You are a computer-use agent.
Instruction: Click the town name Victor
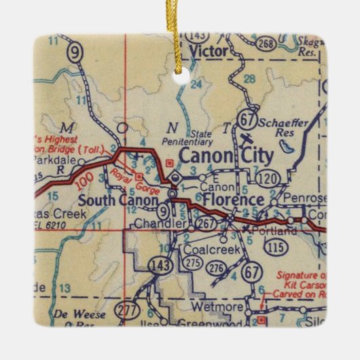tap(208, 50)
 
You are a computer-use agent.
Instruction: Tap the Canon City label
tap(226, 156)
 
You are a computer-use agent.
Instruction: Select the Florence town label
tap(233, 200)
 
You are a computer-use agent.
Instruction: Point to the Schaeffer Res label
tap(282, 127)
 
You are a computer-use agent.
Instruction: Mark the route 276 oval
tap(216, 270)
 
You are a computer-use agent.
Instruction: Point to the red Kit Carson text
tap(299, 286)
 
